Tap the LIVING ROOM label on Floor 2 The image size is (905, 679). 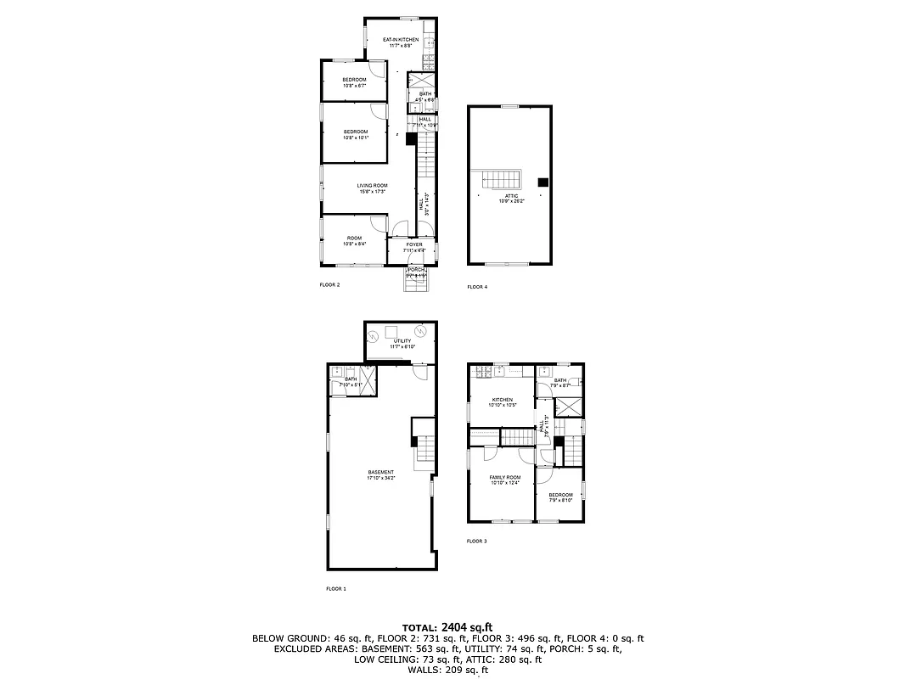[372, 188]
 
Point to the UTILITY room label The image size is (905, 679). [402, 343]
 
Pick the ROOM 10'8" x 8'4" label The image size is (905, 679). [354, 240]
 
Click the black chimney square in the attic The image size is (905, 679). [543, 181]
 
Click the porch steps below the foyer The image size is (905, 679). [415, 284]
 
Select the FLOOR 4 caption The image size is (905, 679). [477, 287]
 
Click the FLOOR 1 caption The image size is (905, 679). [336, 588]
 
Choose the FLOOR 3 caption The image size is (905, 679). [476, 541]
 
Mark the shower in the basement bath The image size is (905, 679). [368, 375]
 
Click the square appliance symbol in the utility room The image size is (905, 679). [392, 331]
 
